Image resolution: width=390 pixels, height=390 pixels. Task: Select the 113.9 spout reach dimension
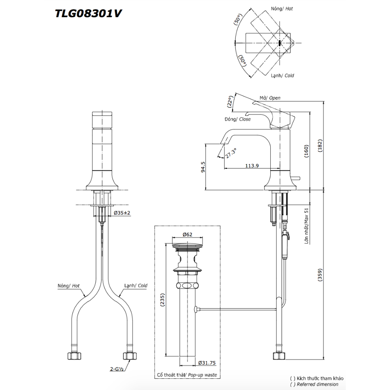[252, 165]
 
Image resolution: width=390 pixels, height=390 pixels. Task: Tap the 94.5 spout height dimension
[202, 167]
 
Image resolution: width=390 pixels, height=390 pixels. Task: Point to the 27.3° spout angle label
[230, 152]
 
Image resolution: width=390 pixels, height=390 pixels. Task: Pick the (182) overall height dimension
[320, 146]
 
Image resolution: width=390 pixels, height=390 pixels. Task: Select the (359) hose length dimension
[320, 277]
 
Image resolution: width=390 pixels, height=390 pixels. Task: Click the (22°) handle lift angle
[230, 102]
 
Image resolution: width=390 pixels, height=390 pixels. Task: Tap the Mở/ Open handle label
[270, 98]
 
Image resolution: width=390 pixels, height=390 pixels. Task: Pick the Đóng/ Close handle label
[237, 119]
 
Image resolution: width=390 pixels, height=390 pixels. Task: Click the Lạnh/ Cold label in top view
[282, 76]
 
